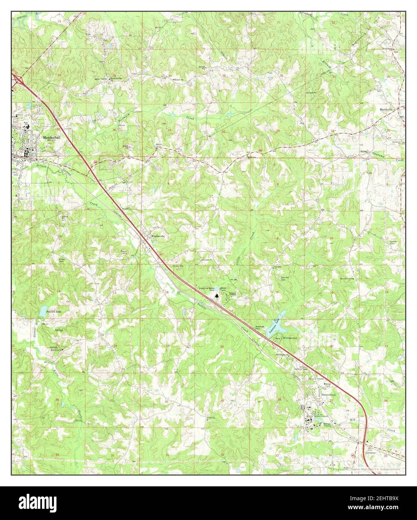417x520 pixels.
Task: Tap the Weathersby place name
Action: tap(159, 236)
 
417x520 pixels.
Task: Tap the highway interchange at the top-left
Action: tap(17, 80)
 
